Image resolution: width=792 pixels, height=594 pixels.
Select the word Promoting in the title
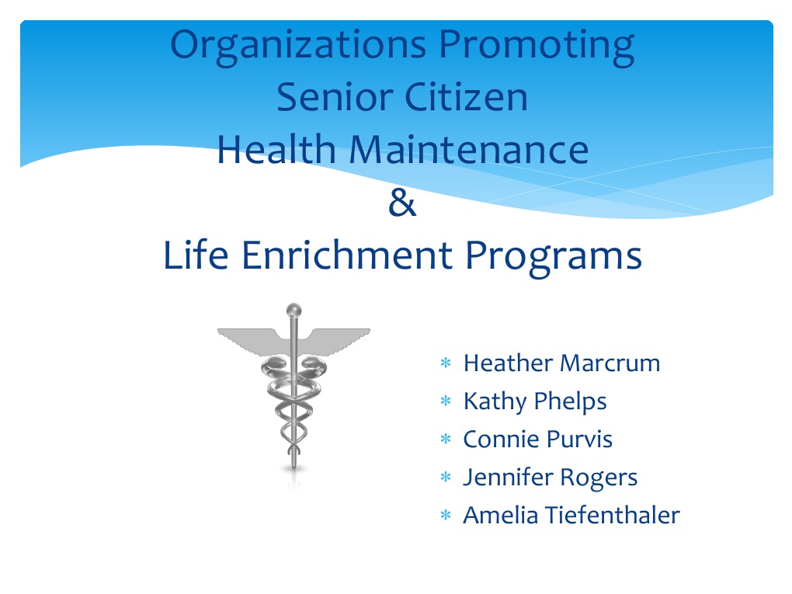tap(537, 46)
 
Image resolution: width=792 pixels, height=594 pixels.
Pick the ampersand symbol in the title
tap(401, 204)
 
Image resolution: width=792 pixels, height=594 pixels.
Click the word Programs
tap(552, 256)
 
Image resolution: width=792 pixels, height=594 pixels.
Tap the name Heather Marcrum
tap(561, 363)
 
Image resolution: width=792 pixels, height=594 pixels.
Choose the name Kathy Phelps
tap(535, 401)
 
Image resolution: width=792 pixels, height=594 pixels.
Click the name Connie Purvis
tap(537, 439)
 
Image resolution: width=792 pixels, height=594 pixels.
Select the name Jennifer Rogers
tap(550, 477)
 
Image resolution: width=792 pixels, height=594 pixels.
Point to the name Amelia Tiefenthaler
tap(571, 515)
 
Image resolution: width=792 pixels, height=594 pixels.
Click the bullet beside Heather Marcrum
tap(446, 364)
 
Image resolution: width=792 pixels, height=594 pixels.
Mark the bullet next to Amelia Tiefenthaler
tap(446, 516)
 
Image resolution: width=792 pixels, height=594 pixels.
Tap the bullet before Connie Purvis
tap(446, 441)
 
